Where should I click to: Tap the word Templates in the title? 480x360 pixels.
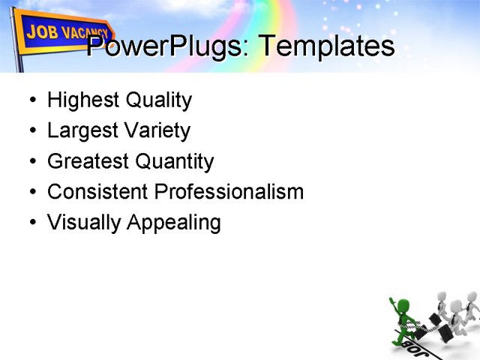click(x=325, y=46)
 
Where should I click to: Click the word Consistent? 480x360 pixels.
click(x=97, y=192)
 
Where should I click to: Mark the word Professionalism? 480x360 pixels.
click(x=229, y=192)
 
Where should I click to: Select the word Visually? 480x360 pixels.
click(x=83, y=223)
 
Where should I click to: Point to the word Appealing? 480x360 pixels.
click(x=173, y=223)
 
